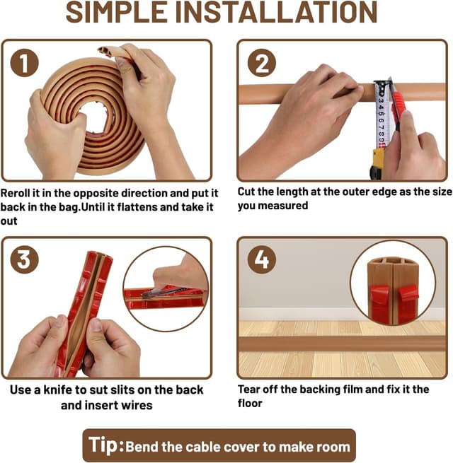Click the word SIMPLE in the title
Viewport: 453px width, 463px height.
coord(117,12)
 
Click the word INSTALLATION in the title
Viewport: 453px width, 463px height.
coord(277,12)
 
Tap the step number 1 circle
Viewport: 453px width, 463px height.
coord(24,63)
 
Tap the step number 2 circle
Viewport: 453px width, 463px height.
coord(262,63)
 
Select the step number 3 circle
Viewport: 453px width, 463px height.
coord(24,260)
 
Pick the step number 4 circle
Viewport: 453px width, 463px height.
coord(262,260)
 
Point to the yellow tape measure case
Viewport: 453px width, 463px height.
coord(377,163)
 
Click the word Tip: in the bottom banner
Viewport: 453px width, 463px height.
coord(106,445)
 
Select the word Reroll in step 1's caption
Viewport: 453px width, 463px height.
coord(16,193)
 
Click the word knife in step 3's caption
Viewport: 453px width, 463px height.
coord(57,389)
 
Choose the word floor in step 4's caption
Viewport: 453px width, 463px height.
coord(250,404)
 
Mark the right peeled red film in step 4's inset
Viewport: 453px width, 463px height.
coord(408,302)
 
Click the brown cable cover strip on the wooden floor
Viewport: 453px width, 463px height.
coord(342,344)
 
